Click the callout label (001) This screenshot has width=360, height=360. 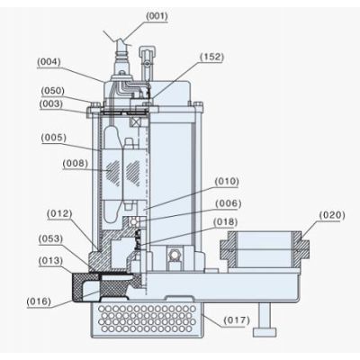tap(157, 16)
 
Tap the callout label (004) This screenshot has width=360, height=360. tap(49, 62)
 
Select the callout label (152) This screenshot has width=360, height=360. tap(212, 57)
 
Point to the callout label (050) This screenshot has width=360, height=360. tap(52, 91)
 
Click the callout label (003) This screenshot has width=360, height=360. tap(51, 103)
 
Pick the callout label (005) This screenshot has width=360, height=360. tap(54, 138)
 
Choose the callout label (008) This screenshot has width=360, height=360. tap(76, 164)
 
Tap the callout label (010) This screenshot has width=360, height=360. tap(227, 182)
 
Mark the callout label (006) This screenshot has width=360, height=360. tap(229, 203)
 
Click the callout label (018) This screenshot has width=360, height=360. tap(225, 222)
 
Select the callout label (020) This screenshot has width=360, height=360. tap(332, 215)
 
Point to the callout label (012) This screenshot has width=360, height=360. tap(59, 214)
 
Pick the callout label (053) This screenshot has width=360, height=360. tap(50, 239)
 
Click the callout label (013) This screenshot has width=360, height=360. tap(50, 261)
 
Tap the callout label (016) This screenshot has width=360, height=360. tap(39, 301)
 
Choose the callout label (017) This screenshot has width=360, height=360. tap(237, 320)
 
